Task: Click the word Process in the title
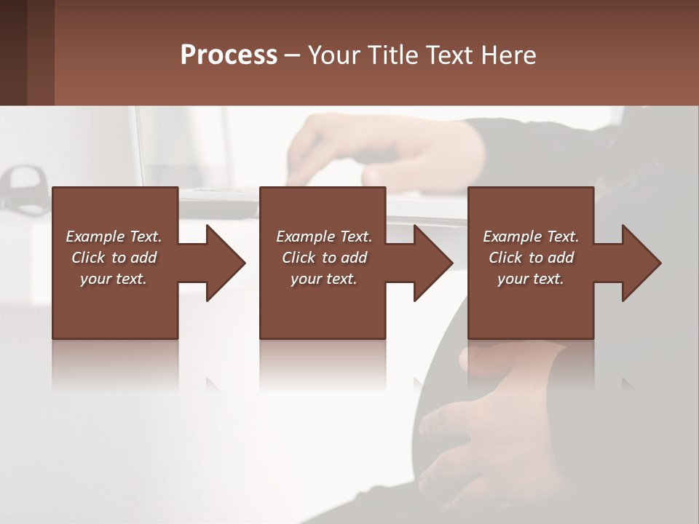click(x=229, y=55)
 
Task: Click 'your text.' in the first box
click(x=114, y=279)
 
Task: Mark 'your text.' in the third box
click(x=531, y=279)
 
